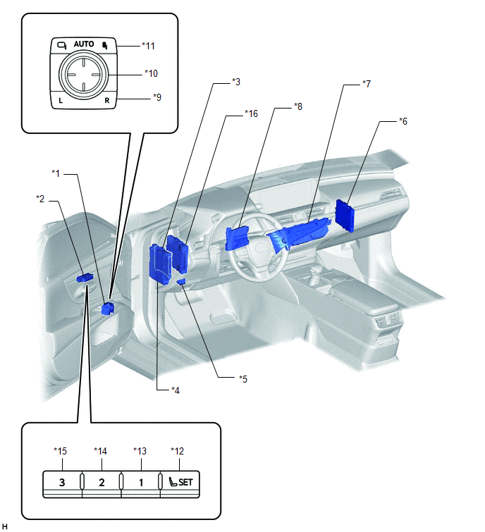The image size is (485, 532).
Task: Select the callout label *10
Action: coord(150,73)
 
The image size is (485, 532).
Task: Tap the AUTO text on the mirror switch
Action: coord(84,44)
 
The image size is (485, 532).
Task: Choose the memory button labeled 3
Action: coord(63,483)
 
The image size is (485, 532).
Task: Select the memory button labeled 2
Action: coord(102,483)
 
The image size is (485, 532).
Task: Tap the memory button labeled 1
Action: coord(141,483)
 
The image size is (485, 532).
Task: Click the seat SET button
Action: coord(180,483)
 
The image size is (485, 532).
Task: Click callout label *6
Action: coord(403,121)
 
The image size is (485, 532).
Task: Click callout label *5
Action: coord(243,378)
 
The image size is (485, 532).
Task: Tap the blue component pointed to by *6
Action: coord(347,214)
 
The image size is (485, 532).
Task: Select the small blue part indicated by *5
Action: coord(181,282)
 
